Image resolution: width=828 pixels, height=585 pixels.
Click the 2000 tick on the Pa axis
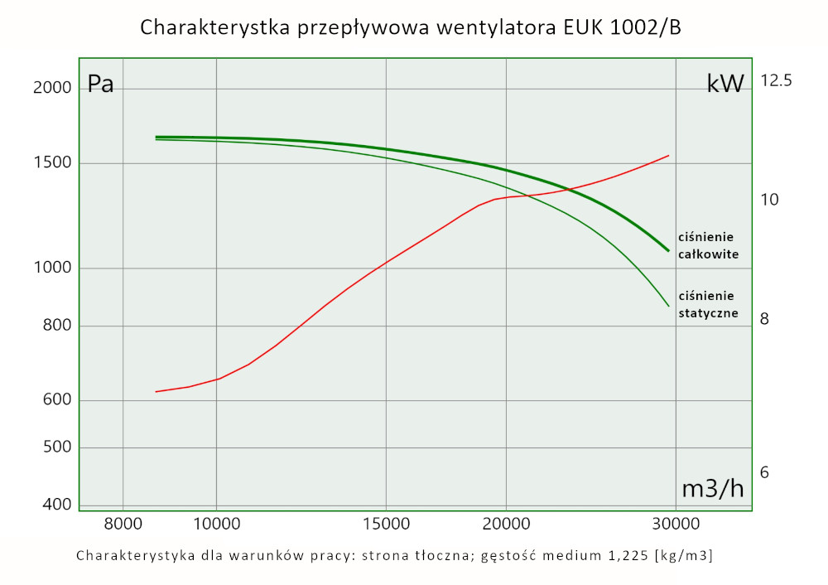point(53,89)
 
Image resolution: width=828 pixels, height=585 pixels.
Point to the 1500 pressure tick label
point(53,163)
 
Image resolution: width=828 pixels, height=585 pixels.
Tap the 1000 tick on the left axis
point(53,268)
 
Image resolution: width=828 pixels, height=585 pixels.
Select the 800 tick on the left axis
point(56,326)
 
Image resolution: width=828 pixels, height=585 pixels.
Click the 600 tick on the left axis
point(56,401)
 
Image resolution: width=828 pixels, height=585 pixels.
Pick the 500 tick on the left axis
point(56,448)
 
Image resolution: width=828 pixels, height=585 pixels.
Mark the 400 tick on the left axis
point(56,505)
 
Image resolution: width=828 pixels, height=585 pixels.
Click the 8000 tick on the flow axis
point(123,524)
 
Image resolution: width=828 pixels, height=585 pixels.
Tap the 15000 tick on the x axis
point(387,524)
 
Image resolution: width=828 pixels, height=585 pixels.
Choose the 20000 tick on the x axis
point(505,524)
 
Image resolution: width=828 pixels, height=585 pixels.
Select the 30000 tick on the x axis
point(676,524)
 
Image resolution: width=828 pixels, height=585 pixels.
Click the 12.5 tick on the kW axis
point(777,81)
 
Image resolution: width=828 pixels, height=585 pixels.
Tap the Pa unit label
point(101,85)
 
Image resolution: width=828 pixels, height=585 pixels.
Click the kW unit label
point(725,84)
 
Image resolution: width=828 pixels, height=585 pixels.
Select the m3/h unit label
point(712,489)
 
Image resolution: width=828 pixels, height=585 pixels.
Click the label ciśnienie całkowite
point(708,245)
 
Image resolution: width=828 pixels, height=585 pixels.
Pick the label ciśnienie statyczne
point(708,305)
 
